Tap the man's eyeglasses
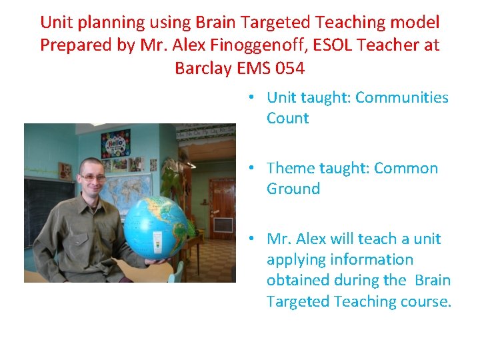92,177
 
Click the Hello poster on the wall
115,143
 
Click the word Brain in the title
216,22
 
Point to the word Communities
402,97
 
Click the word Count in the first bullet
287,119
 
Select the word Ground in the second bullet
293,189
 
